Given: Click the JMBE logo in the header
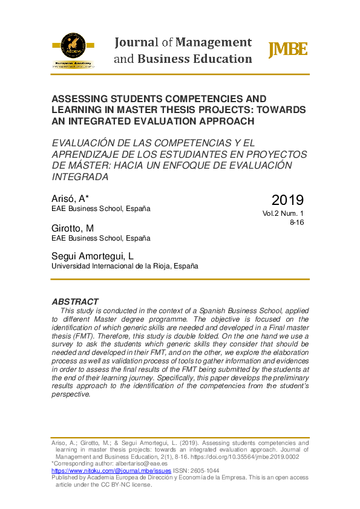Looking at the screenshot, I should click(x=287, y=50).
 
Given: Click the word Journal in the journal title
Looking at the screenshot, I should click(x=136, y=42).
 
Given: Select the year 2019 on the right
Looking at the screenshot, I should click(x=287, y=199).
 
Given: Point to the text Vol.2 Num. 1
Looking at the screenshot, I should click(x=283, y=213).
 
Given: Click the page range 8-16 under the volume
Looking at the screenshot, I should click(x=296, y=222).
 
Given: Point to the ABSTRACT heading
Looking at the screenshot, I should click(x=75, y=302).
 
